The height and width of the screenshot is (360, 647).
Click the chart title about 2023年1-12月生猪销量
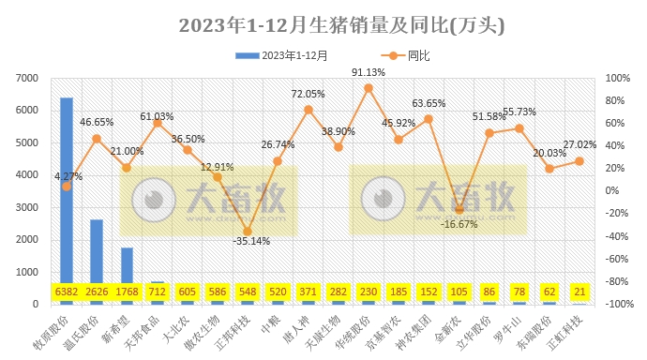(341, 25)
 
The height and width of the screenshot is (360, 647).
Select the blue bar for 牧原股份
(67, 187)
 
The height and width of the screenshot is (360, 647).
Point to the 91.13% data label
(369, 72)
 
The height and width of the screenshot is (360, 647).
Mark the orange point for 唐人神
(308, 110)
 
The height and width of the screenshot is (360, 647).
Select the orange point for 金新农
(459, 209)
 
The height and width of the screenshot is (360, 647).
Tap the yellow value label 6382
(67, 292)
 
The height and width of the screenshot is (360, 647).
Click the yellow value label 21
(579, 292)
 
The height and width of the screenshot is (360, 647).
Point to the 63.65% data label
(429, 103)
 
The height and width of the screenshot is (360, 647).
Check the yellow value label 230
(369, 292)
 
